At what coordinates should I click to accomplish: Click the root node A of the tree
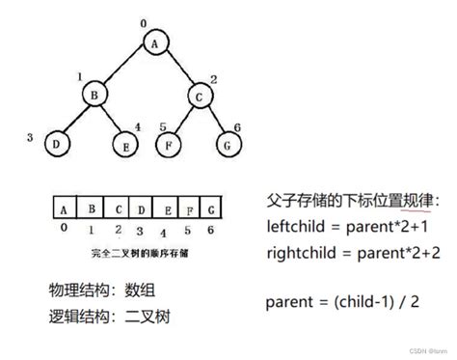coord(154,42)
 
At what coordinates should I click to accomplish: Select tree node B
coord(94,97)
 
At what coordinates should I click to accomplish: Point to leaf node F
coord(170,144)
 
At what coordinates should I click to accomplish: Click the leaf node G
coord(228,144)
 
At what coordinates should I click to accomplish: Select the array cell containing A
coord(63,208)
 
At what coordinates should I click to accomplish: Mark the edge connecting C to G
coord(215,120)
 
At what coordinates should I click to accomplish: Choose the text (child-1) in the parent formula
coord(357,301)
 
